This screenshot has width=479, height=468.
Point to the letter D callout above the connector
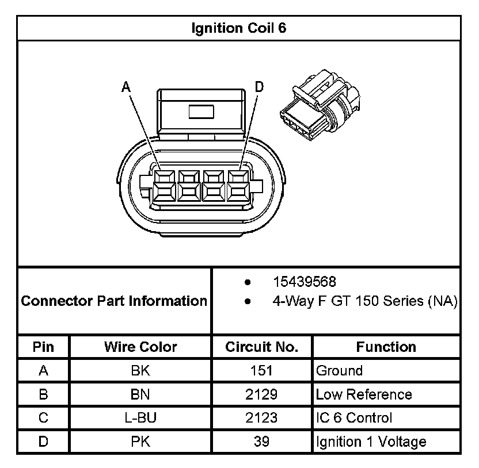tap(260, 87)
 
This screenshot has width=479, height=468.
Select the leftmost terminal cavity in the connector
tap(164, 185)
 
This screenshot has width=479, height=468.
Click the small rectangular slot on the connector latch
tap(201, 111)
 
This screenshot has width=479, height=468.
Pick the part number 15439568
tap(305, 282)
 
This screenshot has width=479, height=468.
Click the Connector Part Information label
tap(114, 301)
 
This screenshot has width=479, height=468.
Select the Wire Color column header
tap(140, 347)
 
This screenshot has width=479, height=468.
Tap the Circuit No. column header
tap(261, 347)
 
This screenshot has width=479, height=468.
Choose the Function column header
tap(386, 347)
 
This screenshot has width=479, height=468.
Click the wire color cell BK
tap(140, 371)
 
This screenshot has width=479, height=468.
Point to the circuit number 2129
tap(261, 394)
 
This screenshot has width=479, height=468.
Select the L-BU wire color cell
tap(140, 418)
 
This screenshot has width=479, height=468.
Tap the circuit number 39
tap(261, 442)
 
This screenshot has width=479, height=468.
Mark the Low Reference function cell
tap(364, 394)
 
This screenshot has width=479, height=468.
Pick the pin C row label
tap(43, 418)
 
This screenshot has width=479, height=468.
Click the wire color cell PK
tap(140, 442)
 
